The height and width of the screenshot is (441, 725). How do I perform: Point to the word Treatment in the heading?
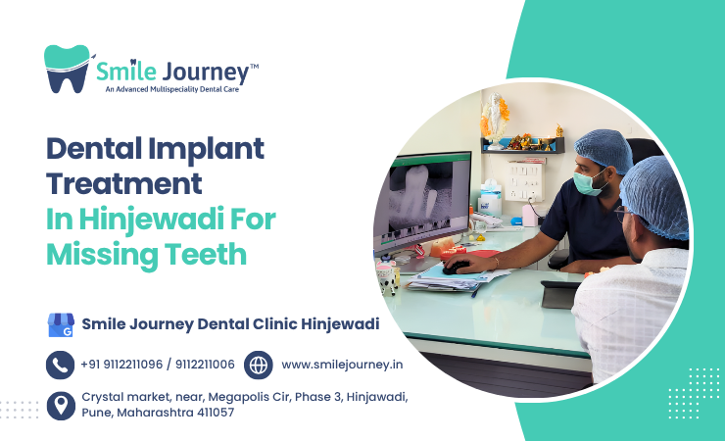[x=124, y=184]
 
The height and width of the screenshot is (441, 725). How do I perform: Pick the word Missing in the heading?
[x=100, y=255]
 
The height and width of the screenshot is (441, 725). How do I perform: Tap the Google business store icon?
[x=61, y=324]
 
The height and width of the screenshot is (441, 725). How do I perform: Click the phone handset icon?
[x=61, y=365]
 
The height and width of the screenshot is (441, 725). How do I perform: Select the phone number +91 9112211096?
[x=122, y=365]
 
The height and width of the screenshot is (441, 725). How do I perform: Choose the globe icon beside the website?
[x=258, y=365]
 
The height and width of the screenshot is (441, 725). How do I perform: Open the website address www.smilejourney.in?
[x=342, y=365]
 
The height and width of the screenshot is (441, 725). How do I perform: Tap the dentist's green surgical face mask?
[x=585, y=182]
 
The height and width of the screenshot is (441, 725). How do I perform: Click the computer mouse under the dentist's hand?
[x=454, y=266]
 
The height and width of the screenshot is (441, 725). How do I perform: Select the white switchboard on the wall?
[x=525, y=180]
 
